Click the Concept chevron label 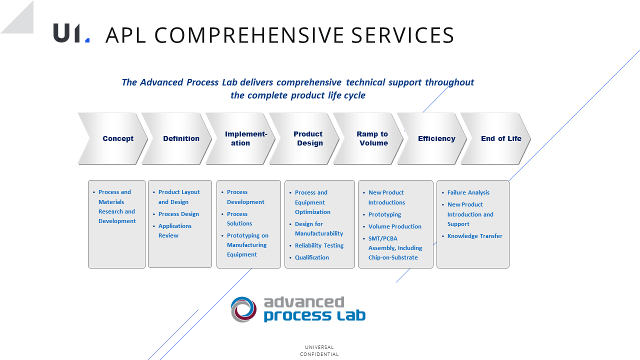pos(118,138)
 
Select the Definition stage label pos(181,138)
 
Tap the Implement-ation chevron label pos(245,138)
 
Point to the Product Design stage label pos(308,138)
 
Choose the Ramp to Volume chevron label pos(372,138)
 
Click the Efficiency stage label pos(436,138)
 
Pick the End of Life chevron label pos(501,138)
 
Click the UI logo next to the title pos(71,33)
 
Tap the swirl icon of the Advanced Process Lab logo pos(243,309)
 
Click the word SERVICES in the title pos(402,35)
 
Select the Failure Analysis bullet pos(468,192)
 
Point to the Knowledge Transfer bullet pos(474,236)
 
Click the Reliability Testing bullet pos(319,245)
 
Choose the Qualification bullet pos(311,257)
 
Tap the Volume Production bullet pos(394,226)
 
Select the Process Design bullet pos(178,214)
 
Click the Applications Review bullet pos(175,230)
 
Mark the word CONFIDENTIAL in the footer pos(319,354)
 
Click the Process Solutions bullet pos(239,218)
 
